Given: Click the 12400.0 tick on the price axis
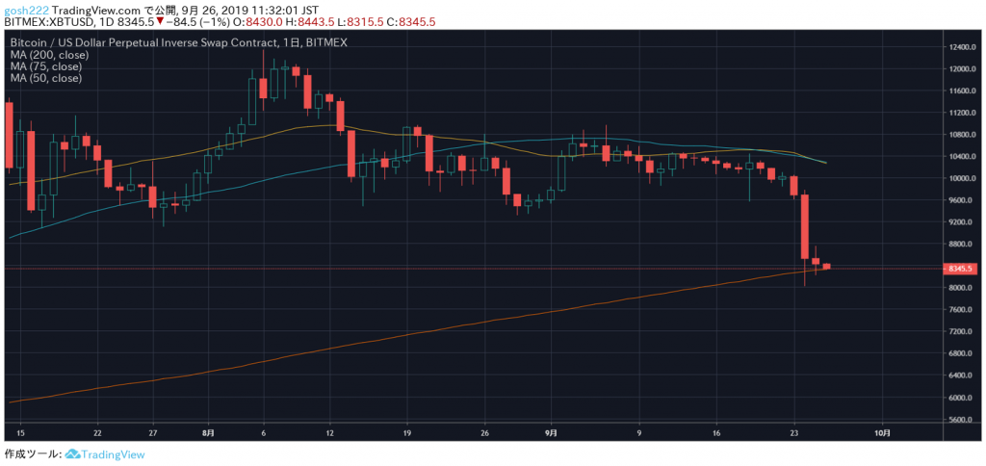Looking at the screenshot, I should click(x=962, y=47).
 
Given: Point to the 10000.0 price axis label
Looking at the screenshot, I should click(x=962, y=178).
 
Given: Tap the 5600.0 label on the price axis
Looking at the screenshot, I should click(x=962, y=420).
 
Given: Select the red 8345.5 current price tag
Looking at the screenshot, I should click(x=962, y=269).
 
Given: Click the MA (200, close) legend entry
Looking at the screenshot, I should click(x=48, y=55).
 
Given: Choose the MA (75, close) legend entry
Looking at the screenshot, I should click(x=45, y=66).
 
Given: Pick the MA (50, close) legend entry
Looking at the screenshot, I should click(x=45, y=78).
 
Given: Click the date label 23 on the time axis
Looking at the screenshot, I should click(x=794, y=433).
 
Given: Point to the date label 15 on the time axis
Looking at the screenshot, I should click(x=20, y=433).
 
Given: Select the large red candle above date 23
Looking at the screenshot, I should click(x=805, y=226).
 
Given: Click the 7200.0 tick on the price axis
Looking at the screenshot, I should click(x=962, y=331).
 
